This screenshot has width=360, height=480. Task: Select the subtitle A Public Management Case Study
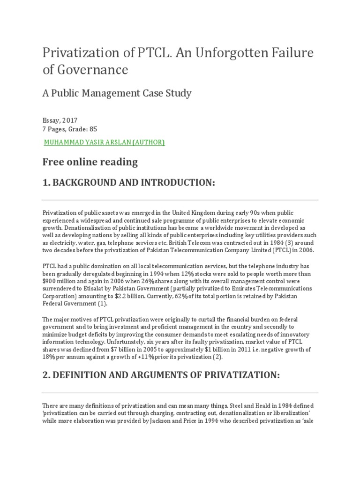coord(117,93)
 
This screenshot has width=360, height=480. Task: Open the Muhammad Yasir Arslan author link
coord(104,142)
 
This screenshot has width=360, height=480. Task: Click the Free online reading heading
coord(90,162)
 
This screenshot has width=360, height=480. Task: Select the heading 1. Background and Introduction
coord(128,183)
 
